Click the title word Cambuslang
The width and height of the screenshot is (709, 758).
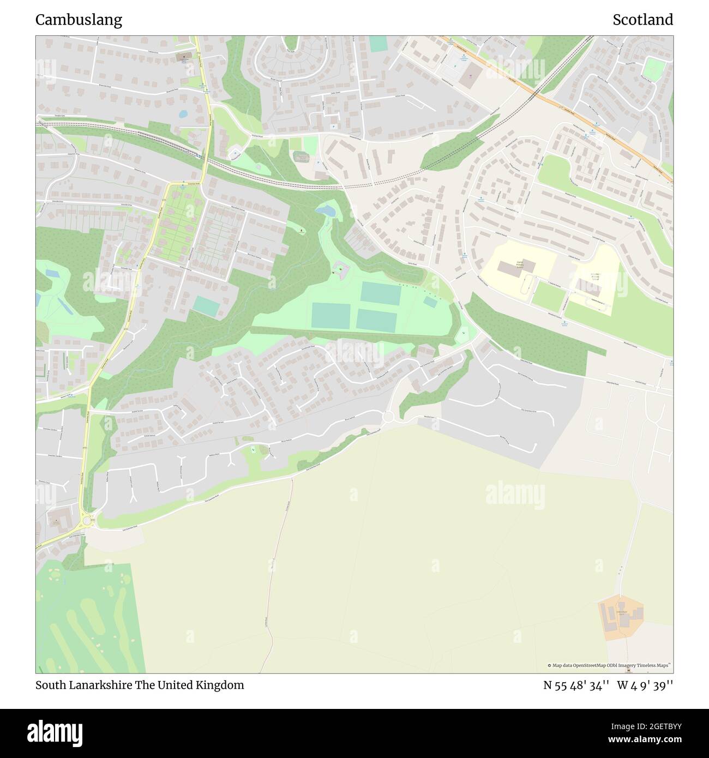[x=79, y=20]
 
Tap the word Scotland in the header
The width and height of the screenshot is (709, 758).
[x=642, y=20]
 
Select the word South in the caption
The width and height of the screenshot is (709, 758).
[x=50, y=685]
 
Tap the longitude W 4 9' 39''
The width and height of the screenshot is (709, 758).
[x=645, y=685]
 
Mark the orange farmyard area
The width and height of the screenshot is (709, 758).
[x=621, y=617]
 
